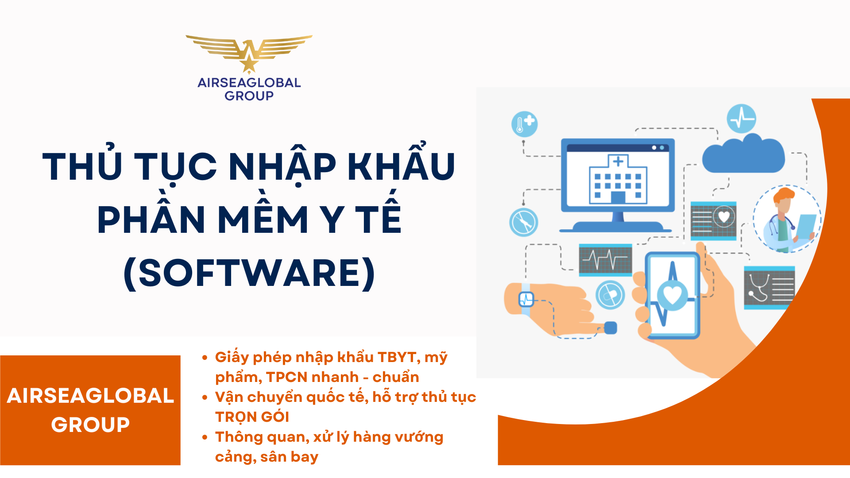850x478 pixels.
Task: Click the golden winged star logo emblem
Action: [249, 53]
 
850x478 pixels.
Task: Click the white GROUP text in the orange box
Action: [90, 425]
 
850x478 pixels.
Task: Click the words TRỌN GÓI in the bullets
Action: [252, 417]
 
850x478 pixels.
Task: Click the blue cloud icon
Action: [743, 154]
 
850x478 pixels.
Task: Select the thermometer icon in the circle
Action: [524, 124]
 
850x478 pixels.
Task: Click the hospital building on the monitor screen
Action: [618, 180]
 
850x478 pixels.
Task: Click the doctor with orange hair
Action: [787, 219]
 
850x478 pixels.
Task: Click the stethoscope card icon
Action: [769, 288]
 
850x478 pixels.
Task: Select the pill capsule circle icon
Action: [610, 295]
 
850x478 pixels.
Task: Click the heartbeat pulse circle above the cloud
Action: [741, 119]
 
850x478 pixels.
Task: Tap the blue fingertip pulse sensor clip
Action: [610, 328]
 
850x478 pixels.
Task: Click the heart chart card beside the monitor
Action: [713, 220]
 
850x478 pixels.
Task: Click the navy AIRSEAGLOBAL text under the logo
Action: [249, 83]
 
